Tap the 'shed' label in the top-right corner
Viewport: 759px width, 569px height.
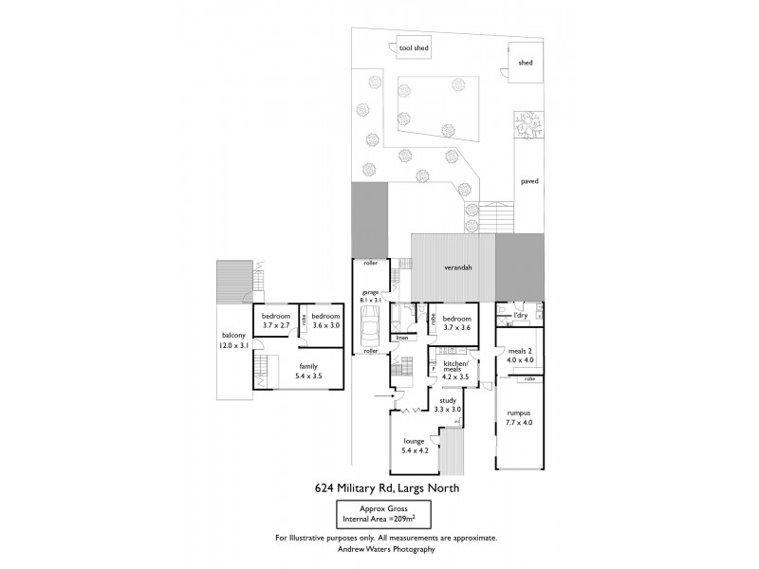point(525,64)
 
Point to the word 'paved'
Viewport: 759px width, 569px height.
point(528,180)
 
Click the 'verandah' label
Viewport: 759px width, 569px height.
point(458,268)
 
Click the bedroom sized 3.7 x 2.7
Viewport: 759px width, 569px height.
point(276,325)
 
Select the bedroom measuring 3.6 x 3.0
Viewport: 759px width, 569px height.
point(325,325)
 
